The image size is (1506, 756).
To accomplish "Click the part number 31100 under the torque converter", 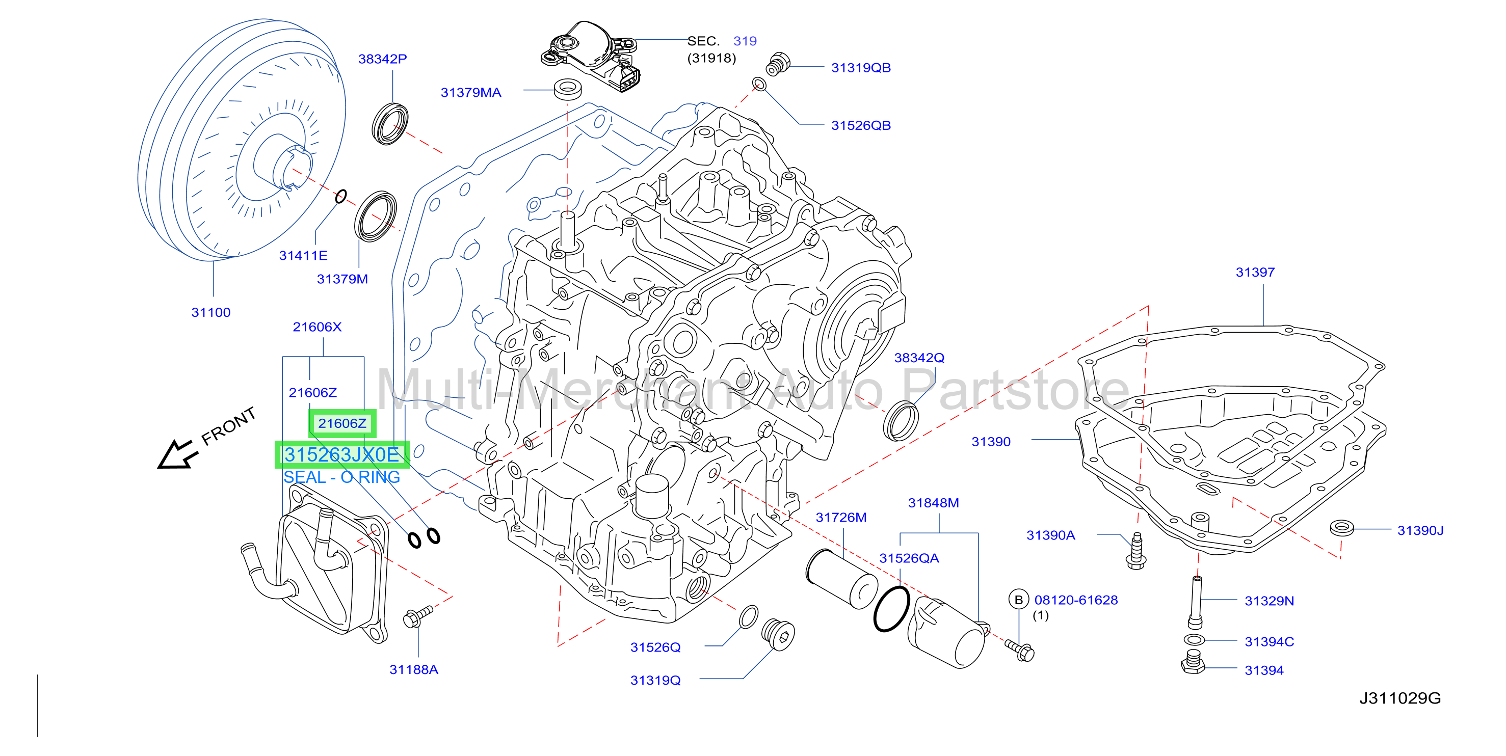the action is click(x=211, y=313).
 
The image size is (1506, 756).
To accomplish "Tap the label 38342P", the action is click(x=382, y=59).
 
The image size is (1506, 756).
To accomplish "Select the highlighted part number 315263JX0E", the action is click(x=341, y=454).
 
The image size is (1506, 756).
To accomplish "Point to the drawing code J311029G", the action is click(x=1399, y=698).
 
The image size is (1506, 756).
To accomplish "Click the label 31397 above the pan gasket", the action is click(x=1255, y=272).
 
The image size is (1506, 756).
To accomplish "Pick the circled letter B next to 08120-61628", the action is click(x=1019, y=600).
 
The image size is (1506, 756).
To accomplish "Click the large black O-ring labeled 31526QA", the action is click(x=891, y=609).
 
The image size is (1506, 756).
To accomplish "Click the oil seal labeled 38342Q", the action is click(x=901, y=421).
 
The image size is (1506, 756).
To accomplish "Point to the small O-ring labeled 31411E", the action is click(x=341, y=196).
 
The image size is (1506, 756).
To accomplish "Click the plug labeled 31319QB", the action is click(x=778, y=64).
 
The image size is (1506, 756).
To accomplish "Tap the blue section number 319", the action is click(x=745, y=41).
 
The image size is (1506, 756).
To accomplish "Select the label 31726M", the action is click(x=841, y=518).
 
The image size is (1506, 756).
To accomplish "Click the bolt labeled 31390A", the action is click(x=1136, y=551).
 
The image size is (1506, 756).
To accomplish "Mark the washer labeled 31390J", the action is click(x=1341, y=528).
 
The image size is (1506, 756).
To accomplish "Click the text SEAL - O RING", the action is click(x=341, y=477).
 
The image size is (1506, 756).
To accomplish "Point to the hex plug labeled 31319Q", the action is click(x=778, y=634).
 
